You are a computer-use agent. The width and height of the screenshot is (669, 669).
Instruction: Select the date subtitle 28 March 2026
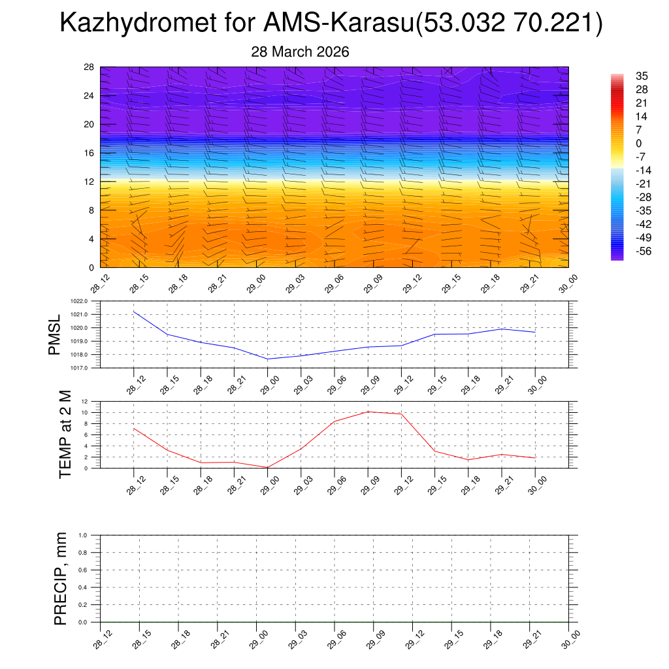[300, 52]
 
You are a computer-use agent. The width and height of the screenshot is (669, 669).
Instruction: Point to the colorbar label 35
[642, 76]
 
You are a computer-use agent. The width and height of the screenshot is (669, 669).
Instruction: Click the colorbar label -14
[643, 170]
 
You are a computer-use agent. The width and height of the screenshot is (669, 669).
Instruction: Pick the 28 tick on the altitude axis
[89, 67]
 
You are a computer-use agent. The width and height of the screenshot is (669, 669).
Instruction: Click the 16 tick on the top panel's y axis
[89, 153]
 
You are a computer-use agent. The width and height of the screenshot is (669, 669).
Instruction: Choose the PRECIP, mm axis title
[61, 578]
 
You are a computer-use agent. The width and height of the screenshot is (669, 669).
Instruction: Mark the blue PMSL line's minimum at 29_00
[267, 359]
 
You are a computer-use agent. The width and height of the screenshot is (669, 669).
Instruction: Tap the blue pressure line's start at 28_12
[134, 312]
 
